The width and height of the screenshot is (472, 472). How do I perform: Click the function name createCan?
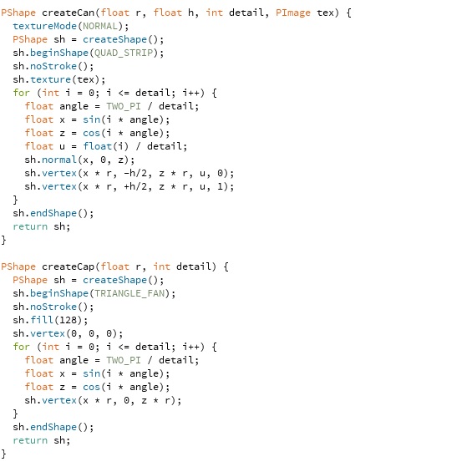[x=68, y=13]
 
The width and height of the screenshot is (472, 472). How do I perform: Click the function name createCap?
[x=68, y=266]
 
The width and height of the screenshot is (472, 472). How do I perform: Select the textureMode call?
[x=44, y=26]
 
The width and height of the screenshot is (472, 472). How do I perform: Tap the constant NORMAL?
[x=100, y=26]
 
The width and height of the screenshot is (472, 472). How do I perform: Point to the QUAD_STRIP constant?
[x=124, y=53]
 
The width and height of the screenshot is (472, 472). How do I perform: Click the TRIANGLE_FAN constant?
[x=129, y=293]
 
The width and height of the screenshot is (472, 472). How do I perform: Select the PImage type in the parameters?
[x=293, y=13]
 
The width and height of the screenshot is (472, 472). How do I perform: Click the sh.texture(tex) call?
[x=59, y=79]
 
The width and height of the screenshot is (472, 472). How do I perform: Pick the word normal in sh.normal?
[x=59, y=160]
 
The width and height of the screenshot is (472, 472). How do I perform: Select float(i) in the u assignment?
[x=105, y=146]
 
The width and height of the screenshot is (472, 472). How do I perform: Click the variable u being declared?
[x=62, y=146]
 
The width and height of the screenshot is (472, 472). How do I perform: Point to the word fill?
[x=42, y=320]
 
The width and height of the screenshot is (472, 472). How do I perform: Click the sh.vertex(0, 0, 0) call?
[x=68, y=333]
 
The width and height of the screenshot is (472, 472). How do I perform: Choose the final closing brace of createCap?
[x=3, y=454]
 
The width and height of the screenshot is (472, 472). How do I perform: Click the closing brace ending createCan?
[x=3, y=240]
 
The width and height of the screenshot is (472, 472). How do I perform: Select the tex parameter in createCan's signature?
[x=325, y=13]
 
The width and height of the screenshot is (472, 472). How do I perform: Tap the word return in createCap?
[x=30, y=440]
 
